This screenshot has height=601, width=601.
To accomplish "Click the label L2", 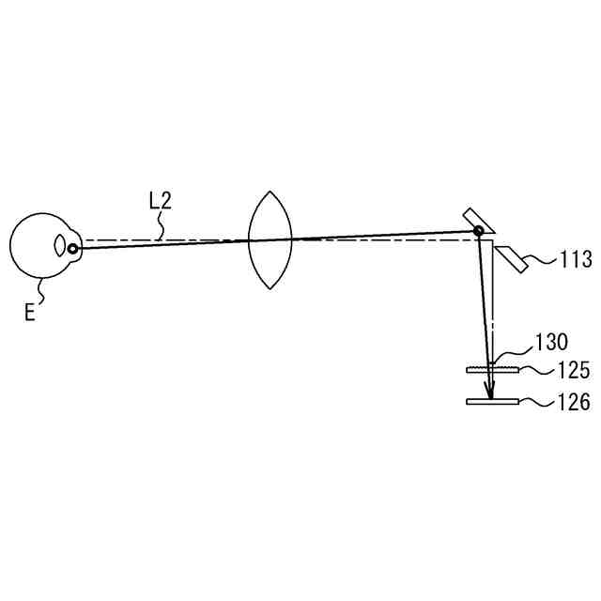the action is coord(160,201).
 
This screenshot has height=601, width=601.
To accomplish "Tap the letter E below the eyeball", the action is coord(29,312).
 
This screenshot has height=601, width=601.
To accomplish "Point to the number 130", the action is coord(551,342).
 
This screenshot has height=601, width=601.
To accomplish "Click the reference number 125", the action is coord(572,371).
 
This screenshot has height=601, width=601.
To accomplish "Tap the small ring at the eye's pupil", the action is coord(72,248).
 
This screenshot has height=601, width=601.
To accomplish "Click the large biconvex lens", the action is coord(270,239).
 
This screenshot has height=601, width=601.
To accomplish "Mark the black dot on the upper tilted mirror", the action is coord(479,230).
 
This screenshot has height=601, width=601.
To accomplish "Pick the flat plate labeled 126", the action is coord(493,402).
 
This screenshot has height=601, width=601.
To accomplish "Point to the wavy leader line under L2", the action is coord(162,225).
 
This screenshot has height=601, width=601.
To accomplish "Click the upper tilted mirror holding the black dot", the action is coord(472,221).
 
